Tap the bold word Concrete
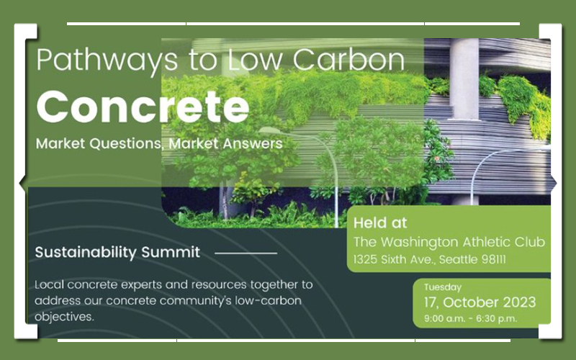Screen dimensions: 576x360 (143, 107)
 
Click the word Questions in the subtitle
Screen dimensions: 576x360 (125, 143)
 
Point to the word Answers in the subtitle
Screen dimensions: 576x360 (253, 143)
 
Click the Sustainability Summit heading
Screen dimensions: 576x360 (117, 253)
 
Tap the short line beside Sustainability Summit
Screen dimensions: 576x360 (246, 253)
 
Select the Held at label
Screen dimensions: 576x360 (380, 222)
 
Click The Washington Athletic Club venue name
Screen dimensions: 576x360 (449, 242)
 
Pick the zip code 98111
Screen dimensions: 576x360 (494, 259)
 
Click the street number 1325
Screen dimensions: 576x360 (365, 259)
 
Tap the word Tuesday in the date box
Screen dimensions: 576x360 (443, 287)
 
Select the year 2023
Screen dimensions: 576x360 (519, 302)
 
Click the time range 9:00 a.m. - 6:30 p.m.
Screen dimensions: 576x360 (471, 318)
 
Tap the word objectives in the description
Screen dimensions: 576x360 (64, 317)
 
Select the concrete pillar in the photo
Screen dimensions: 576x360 (464, 79)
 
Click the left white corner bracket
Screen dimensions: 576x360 (26, 181)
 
